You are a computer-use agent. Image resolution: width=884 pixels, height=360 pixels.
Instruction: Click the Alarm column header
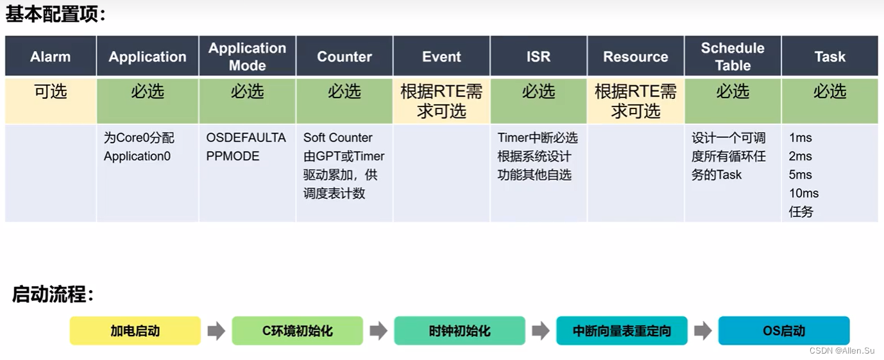[x=51, y=56]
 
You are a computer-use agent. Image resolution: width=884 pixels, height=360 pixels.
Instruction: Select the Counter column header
[x=344, y=56]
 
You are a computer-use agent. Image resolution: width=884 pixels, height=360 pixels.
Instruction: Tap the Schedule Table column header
[x=733, y=56]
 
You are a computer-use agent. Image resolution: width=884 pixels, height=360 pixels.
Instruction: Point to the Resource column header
[x=635, y=56]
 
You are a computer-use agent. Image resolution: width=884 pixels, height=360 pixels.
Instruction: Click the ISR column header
[x=538, y=56]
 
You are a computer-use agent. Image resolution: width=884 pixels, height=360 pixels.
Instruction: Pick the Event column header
[x=441, y=56]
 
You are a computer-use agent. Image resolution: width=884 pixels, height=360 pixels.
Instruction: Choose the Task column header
[x=829, y=56]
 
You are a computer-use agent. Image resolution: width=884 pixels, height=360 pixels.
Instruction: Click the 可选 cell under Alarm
[x=51, y=92]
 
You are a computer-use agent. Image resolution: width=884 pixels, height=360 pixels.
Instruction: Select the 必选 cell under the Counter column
[x=344, y=92]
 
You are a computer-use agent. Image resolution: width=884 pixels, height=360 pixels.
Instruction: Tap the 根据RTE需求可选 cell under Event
[x=441, y=101]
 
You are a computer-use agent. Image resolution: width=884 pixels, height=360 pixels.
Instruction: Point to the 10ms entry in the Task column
[x=804, y=193]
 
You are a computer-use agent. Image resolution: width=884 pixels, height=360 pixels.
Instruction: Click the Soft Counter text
[x=338, y=137]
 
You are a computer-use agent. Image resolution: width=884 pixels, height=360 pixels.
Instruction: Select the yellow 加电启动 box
[x=135, y=331]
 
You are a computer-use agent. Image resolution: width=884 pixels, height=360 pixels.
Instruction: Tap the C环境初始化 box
[x=298, y=331]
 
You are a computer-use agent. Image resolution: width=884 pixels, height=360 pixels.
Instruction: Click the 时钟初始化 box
[x=459, y=331]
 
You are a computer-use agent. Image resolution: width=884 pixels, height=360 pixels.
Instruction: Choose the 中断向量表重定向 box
[x=622, y=331]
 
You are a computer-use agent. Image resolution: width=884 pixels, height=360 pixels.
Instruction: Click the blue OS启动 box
[x=784, y=331]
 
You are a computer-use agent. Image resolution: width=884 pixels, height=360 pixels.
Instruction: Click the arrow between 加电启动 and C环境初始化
[x=216, y=331]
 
